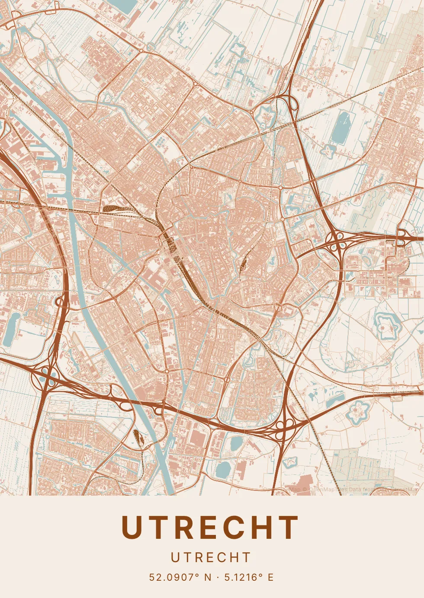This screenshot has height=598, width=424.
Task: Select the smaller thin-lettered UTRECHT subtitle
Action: click(211, 558)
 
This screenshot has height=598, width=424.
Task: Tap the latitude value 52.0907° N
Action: click(180, 577)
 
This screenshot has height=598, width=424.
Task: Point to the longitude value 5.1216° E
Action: click(249, 577)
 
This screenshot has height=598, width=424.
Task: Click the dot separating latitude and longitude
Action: click(218, 577)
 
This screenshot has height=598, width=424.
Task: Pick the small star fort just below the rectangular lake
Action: click(328, 150)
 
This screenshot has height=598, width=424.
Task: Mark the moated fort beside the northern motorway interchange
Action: click(265, 116)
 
